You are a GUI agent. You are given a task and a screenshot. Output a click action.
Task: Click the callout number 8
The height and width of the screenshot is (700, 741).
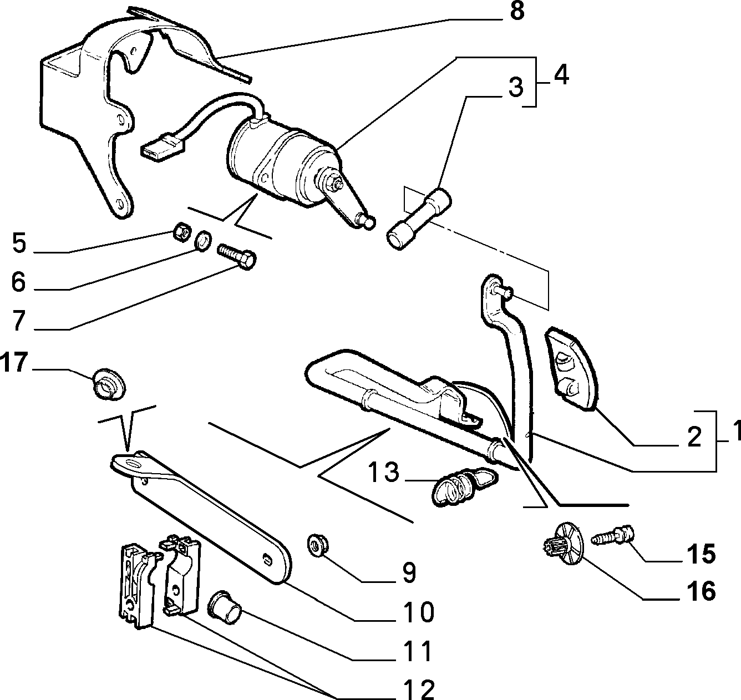[x=516, y=11]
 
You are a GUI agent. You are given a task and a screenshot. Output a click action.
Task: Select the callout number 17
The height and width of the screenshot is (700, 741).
[x=14, y=362]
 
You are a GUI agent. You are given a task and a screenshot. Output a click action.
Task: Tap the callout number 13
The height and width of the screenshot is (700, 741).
[x=384, y=471]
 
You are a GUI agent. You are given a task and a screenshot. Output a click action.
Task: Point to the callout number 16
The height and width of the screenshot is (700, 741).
[x=701, y=591]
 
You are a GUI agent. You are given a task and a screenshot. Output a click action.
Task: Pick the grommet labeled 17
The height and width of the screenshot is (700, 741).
[x=109, y=384]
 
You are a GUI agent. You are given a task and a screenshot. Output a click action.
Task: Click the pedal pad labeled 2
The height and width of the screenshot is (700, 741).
[x=572, y=369]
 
